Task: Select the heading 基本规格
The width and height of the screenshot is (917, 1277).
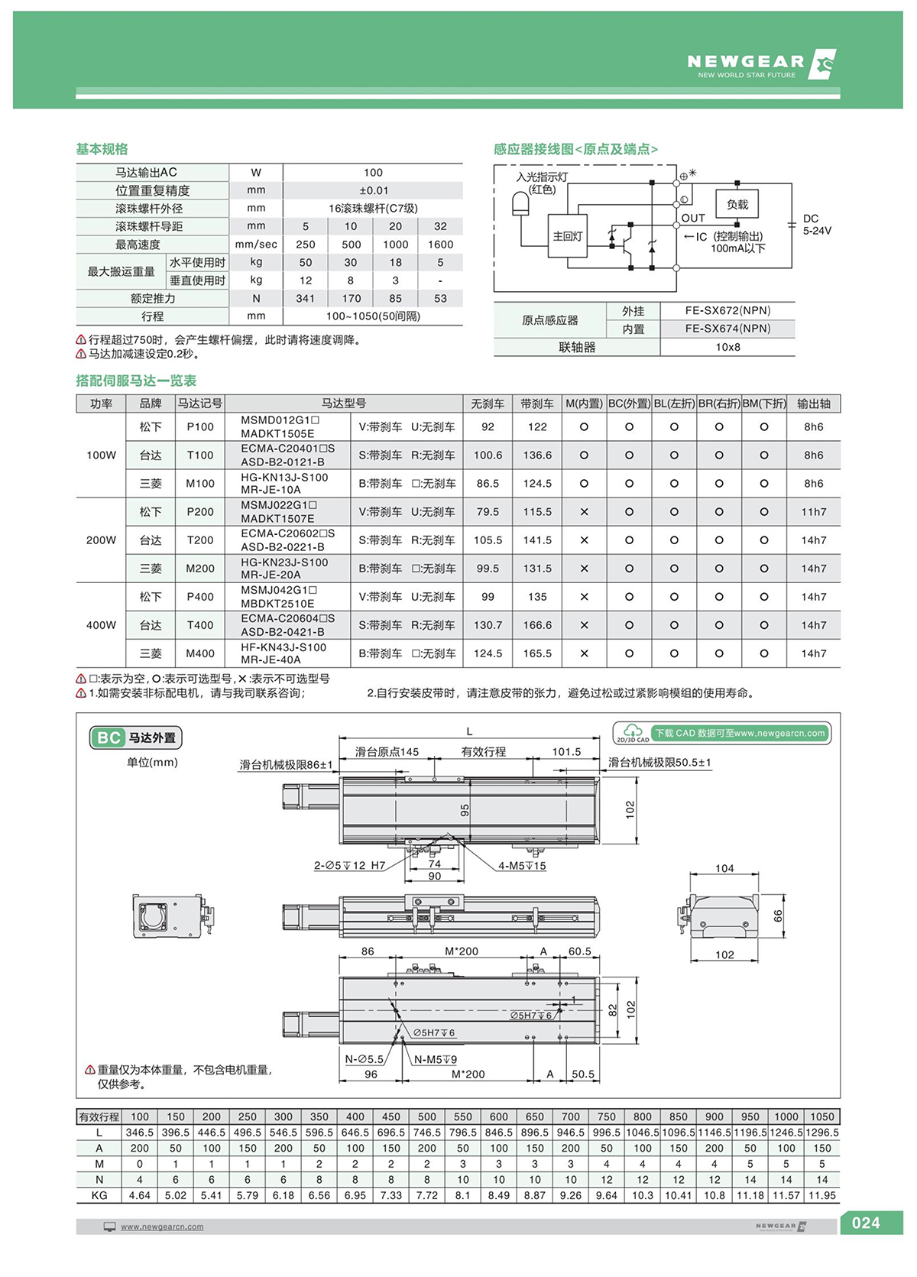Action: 102,149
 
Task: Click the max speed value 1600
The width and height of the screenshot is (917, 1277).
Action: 440,245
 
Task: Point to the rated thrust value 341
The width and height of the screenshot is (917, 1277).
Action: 305,299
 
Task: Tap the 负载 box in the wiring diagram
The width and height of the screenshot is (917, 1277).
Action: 737,205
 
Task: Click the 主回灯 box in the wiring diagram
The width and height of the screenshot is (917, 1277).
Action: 567,237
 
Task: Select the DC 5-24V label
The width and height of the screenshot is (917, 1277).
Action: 816,225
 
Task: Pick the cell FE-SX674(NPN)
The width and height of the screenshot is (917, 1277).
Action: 727,329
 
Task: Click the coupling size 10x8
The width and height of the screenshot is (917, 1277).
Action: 727,347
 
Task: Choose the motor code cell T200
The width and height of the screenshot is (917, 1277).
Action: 200,540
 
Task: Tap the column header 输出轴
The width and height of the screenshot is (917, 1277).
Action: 813,404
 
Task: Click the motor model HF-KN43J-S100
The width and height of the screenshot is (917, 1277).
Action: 284,647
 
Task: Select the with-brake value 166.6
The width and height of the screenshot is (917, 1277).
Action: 537,625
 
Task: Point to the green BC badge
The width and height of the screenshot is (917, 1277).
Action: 108,737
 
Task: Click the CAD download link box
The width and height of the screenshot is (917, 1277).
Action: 722,734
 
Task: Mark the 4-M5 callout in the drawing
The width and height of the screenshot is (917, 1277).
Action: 522,866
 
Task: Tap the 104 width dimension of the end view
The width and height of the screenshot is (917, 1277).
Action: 724,868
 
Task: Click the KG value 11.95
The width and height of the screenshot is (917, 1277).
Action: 822,1195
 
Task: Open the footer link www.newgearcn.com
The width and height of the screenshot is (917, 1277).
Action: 162,1227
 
